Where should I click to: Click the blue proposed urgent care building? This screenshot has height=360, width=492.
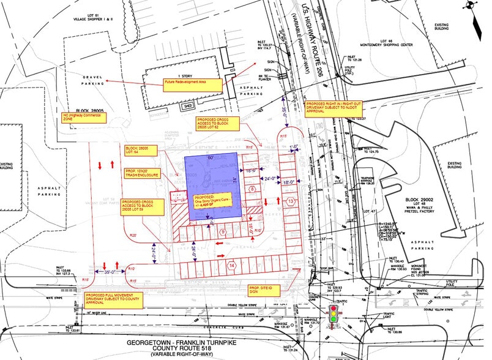[x=212, y=187]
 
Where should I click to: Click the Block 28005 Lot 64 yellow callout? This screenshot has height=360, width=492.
[x=133, y=151]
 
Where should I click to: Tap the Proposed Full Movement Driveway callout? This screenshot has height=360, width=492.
[x=111, y=298]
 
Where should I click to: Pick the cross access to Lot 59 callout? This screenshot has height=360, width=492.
[x=141, y=206]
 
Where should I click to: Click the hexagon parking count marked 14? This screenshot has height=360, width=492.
[x=232, y=265]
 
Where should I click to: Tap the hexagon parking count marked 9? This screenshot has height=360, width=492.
[x=223, y=231]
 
